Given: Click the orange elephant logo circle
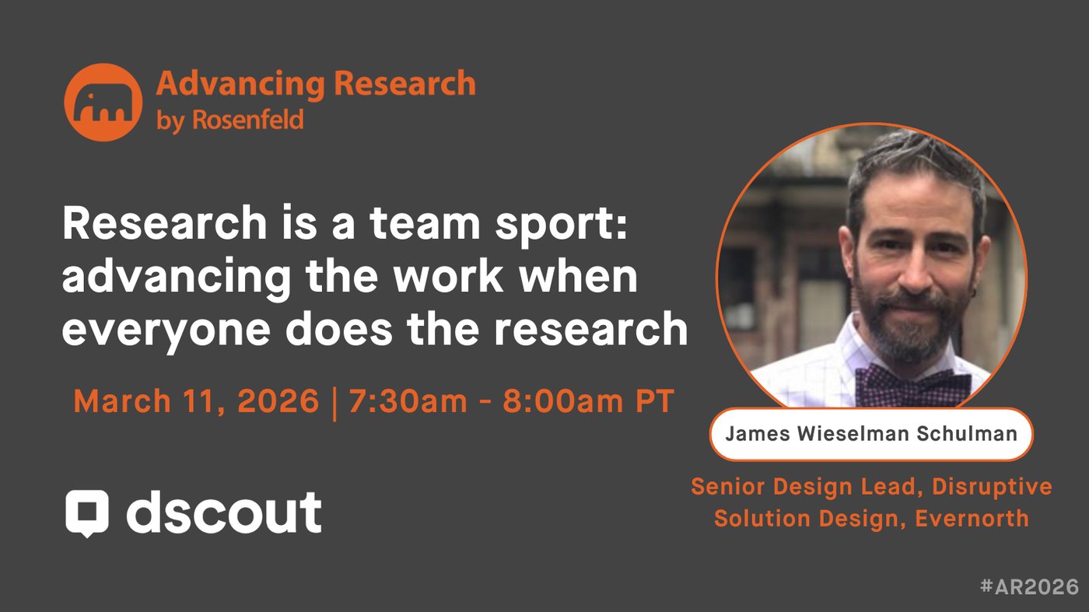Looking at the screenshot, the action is [103, 102].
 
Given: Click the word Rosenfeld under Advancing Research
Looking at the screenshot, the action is [248, 120].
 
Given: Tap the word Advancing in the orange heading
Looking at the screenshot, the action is [240, 85].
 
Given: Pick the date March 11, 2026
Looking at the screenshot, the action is [196, 401].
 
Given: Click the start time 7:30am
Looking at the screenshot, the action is [408, 401].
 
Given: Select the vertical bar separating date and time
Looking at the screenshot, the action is [334, 403].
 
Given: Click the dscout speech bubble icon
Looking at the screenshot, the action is [87, 513].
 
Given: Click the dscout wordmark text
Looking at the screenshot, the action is [224, 512].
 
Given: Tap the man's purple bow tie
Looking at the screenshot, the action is [913, 385].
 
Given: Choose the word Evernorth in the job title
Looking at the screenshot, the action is [972, 518].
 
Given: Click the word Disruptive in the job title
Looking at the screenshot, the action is [993, 487].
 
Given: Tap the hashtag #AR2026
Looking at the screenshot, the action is [1030, 586].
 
